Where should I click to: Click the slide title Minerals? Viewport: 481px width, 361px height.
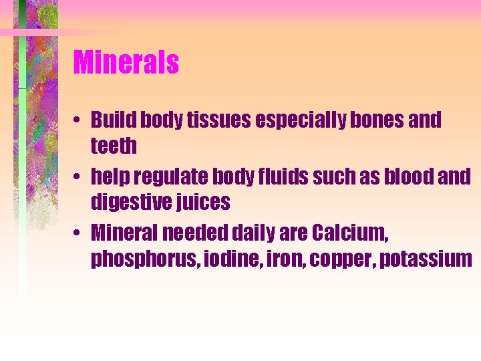[126, 63]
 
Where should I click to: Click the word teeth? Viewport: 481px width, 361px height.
[114, 145]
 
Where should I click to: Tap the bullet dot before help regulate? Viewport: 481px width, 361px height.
[78, 178]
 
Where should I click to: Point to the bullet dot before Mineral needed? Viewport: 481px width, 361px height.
[78, 234]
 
